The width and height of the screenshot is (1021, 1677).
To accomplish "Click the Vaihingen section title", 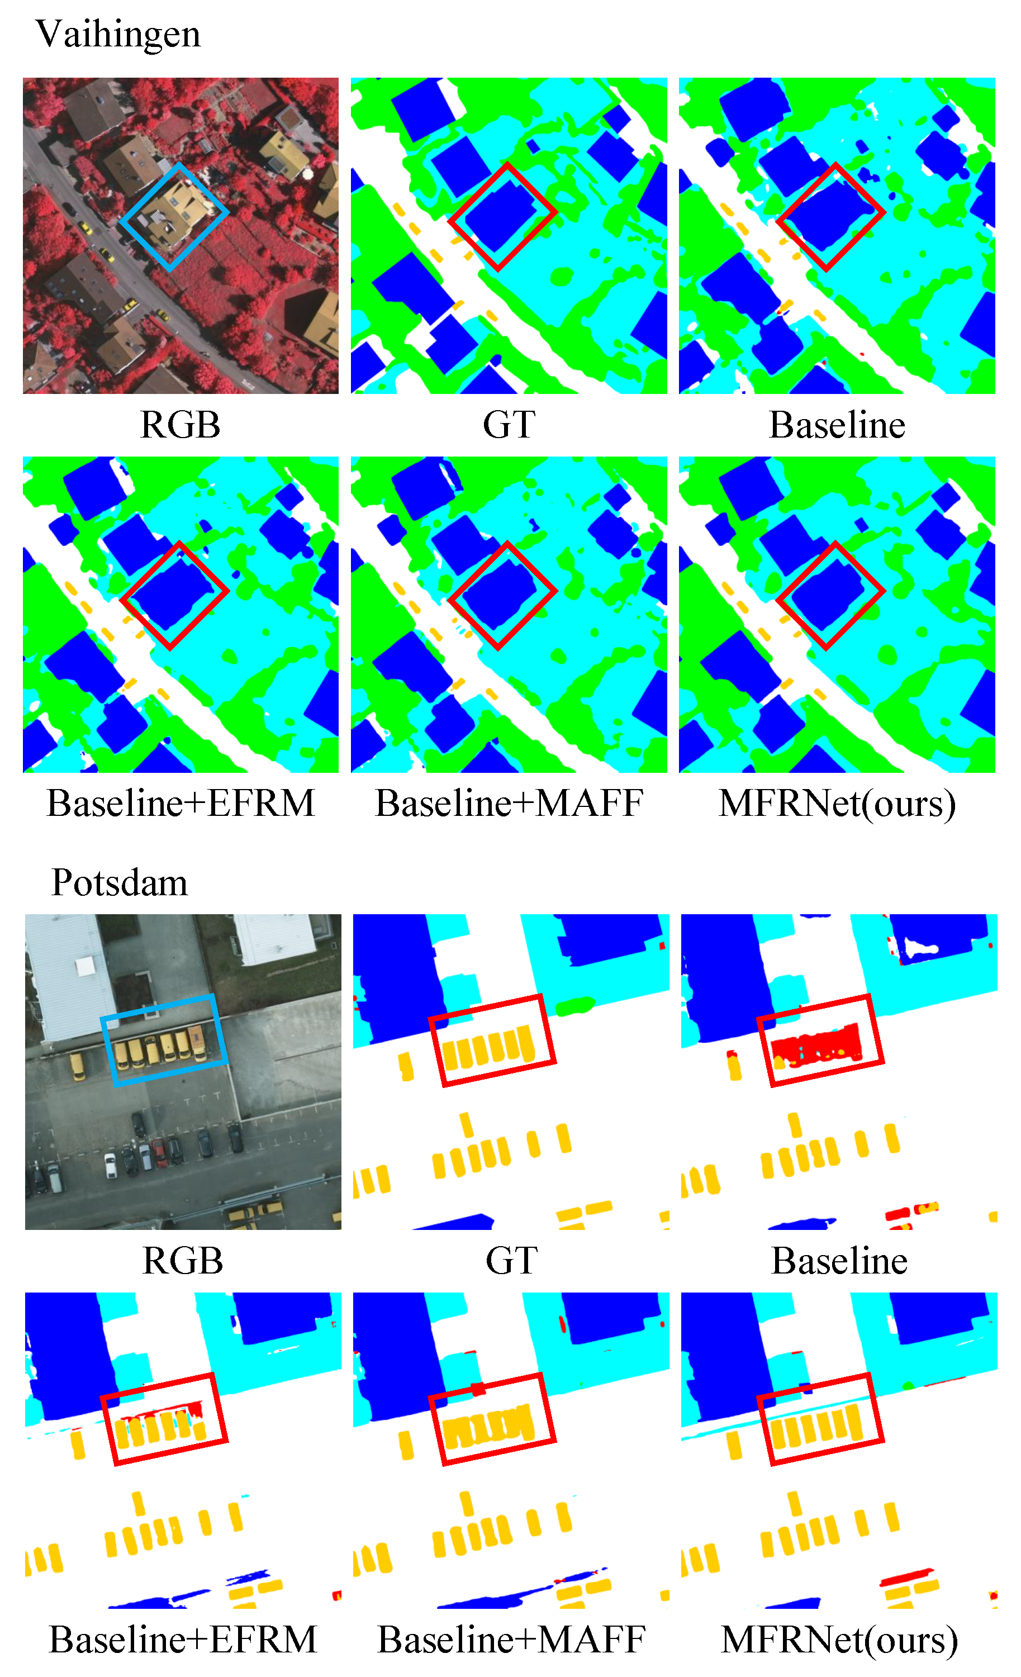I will (118, 34).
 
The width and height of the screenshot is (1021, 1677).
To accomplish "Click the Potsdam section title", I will (119, 883).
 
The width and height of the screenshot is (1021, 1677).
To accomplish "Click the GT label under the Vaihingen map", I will (509, 425).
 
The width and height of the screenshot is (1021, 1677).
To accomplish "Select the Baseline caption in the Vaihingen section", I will (837, 425).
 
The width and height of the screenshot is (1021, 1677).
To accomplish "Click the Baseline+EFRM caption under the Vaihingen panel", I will (181, 803).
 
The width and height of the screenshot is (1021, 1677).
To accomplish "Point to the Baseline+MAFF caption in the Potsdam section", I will (511, 1640).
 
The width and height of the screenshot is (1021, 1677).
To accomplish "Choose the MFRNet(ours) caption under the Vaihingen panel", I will (837, 803).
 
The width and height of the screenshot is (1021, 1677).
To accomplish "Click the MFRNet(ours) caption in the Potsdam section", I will (839, 1640).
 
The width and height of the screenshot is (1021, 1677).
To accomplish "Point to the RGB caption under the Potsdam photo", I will (182, 1261).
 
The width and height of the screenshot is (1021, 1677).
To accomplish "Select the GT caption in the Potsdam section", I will (511, 1261).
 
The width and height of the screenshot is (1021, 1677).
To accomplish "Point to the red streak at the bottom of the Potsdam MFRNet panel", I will (906, 1577).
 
